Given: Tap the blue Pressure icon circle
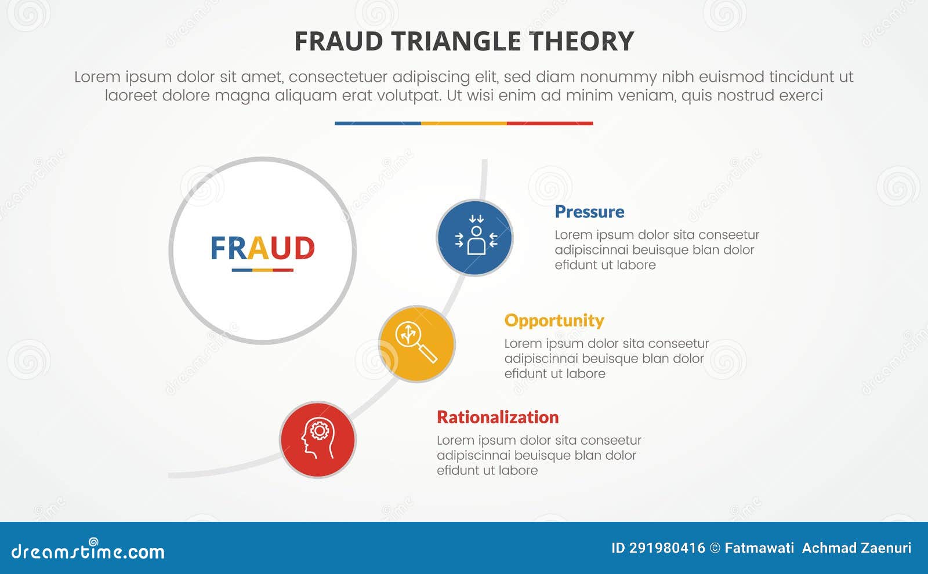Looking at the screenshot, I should click(x=474, y=238).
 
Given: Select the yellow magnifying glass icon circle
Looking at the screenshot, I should click(x=416, y=344).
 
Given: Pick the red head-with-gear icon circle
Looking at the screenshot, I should click(x=318, y=439).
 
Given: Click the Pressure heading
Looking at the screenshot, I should click(x=589, y=212).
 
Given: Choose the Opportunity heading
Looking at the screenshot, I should click(x=554, y=320).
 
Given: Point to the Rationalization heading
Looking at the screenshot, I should click(x=498, y=417).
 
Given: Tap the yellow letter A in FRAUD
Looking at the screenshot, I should click(x=258, y=248).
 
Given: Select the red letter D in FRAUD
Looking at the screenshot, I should click(x=304, y=248).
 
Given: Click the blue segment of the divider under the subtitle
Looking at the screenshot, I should click(x=378, y=123).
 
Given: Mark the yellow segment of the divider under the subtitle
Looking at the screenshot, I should click(x=463, y=123).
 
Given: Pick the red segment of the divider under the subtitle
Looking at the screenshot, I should click(x=550, y=123).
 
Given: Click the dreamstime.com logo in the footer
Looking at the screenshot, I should click(x=88, y=551).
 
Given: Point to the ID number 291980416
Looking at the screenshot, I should click(x=667, y=548).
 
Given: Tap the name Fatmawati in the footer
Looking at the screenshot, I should click(x=759, y=548).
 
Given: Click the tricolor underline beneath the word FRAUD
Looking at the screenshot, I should click(x=262, y=270).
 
